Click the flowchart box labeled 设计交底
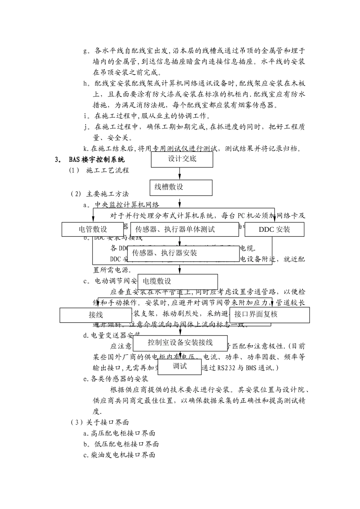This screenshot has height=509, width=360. pos(182,159)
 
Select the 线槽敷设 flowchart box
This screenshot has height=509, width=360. pos(180,187)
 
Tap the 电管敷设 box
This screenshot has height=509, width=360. pos(93,230)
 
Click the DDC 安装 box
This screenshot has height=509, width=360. pos(274,230)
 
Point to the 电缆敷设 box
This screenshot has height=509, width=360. pos(177,281)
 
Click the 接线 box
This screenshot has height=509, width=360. pos(96,315)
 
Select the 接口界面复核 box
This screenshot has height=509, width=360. pos(269,315)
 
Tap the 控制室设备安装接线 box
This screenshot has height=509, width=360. pos(180,343)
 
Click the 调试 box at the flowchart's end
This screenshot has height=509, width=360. pos(180,366)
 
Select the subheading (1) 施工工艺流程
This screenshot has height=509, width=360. pos(99,170)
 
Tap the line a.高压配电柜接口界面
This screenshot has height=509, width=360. pos(119,433)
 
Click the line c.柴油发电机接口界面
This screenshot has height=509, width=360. pos(119,455)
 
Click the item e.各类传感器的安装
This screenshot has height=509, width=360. pos(116,378)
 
